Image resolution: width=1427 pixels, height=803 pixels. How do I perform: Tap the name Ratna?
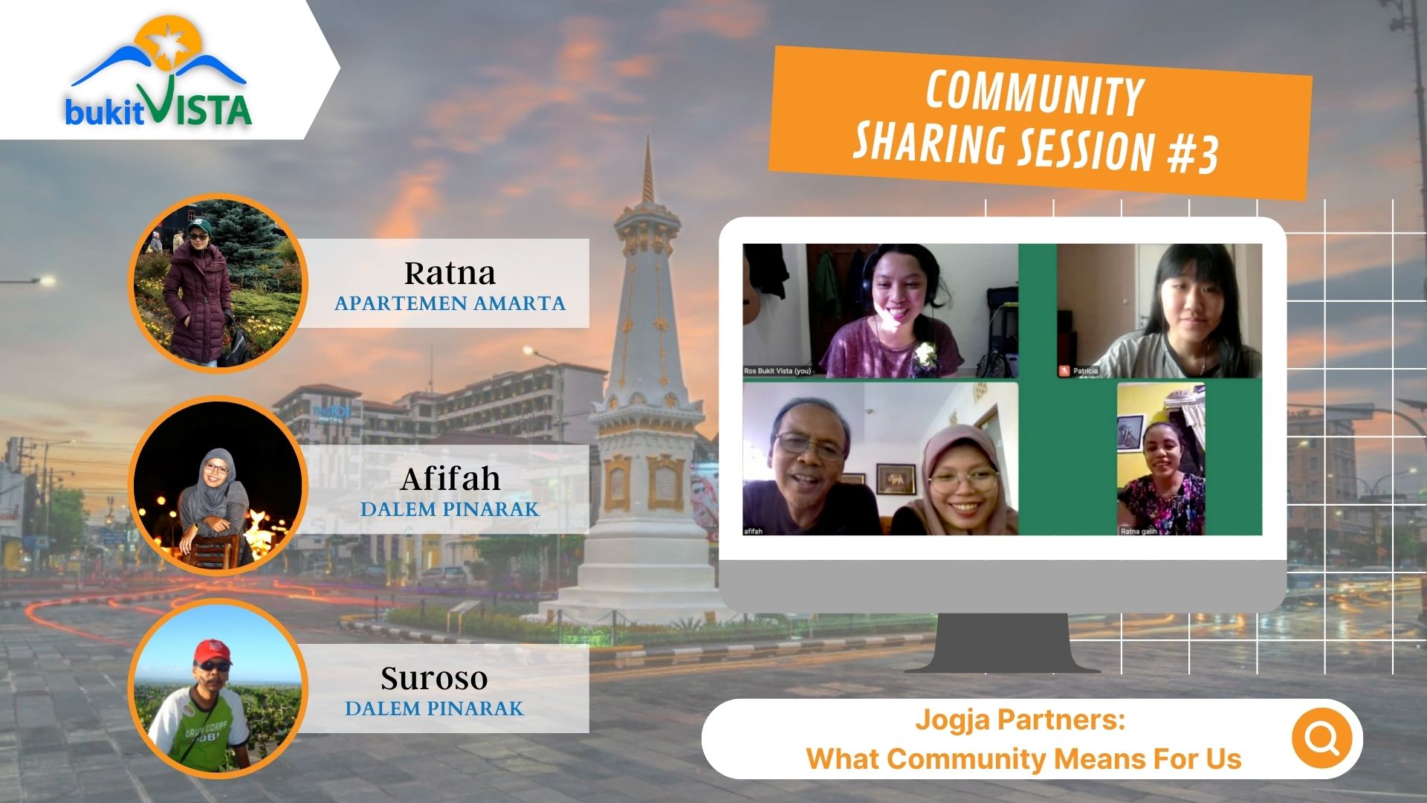tap(450, 274)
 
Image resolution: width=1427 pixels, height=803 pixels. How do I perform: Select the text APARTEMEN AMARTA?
tap(450, 303)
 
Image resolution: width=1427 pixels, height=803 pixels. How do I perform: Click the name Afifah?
tap(450, 480)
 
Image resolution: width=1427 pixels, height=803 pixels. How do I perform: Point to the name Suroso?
tap(434, 678)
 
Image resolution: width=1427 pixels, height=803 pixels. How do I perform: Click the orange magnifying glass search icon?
tap(1321, 738)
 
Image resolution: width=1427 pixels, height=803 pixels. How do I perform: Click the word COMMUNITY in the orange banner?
tap(1034, 94)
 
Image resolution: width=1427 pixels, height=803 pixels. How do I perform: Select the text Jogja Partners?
tap(1020, 720)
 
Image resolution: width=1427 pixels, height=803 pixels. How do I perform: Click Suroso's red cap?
tap(212, 652)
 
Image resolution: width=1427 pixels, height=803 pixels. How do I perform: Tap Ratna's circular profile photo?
tap(218, 283)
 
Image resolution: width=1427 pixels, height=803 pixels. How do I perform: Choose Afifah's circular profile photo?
tap(218, 486)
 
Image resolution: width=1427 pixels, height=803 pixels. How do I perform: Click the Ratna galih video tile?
tap(1160, 459)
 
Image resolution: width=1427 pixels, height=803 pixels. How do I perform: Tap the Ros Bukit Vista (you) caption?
tap(777, 370)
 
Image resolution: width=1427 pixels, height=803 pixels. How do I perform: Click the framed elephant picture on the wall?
tap(896, 479)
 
